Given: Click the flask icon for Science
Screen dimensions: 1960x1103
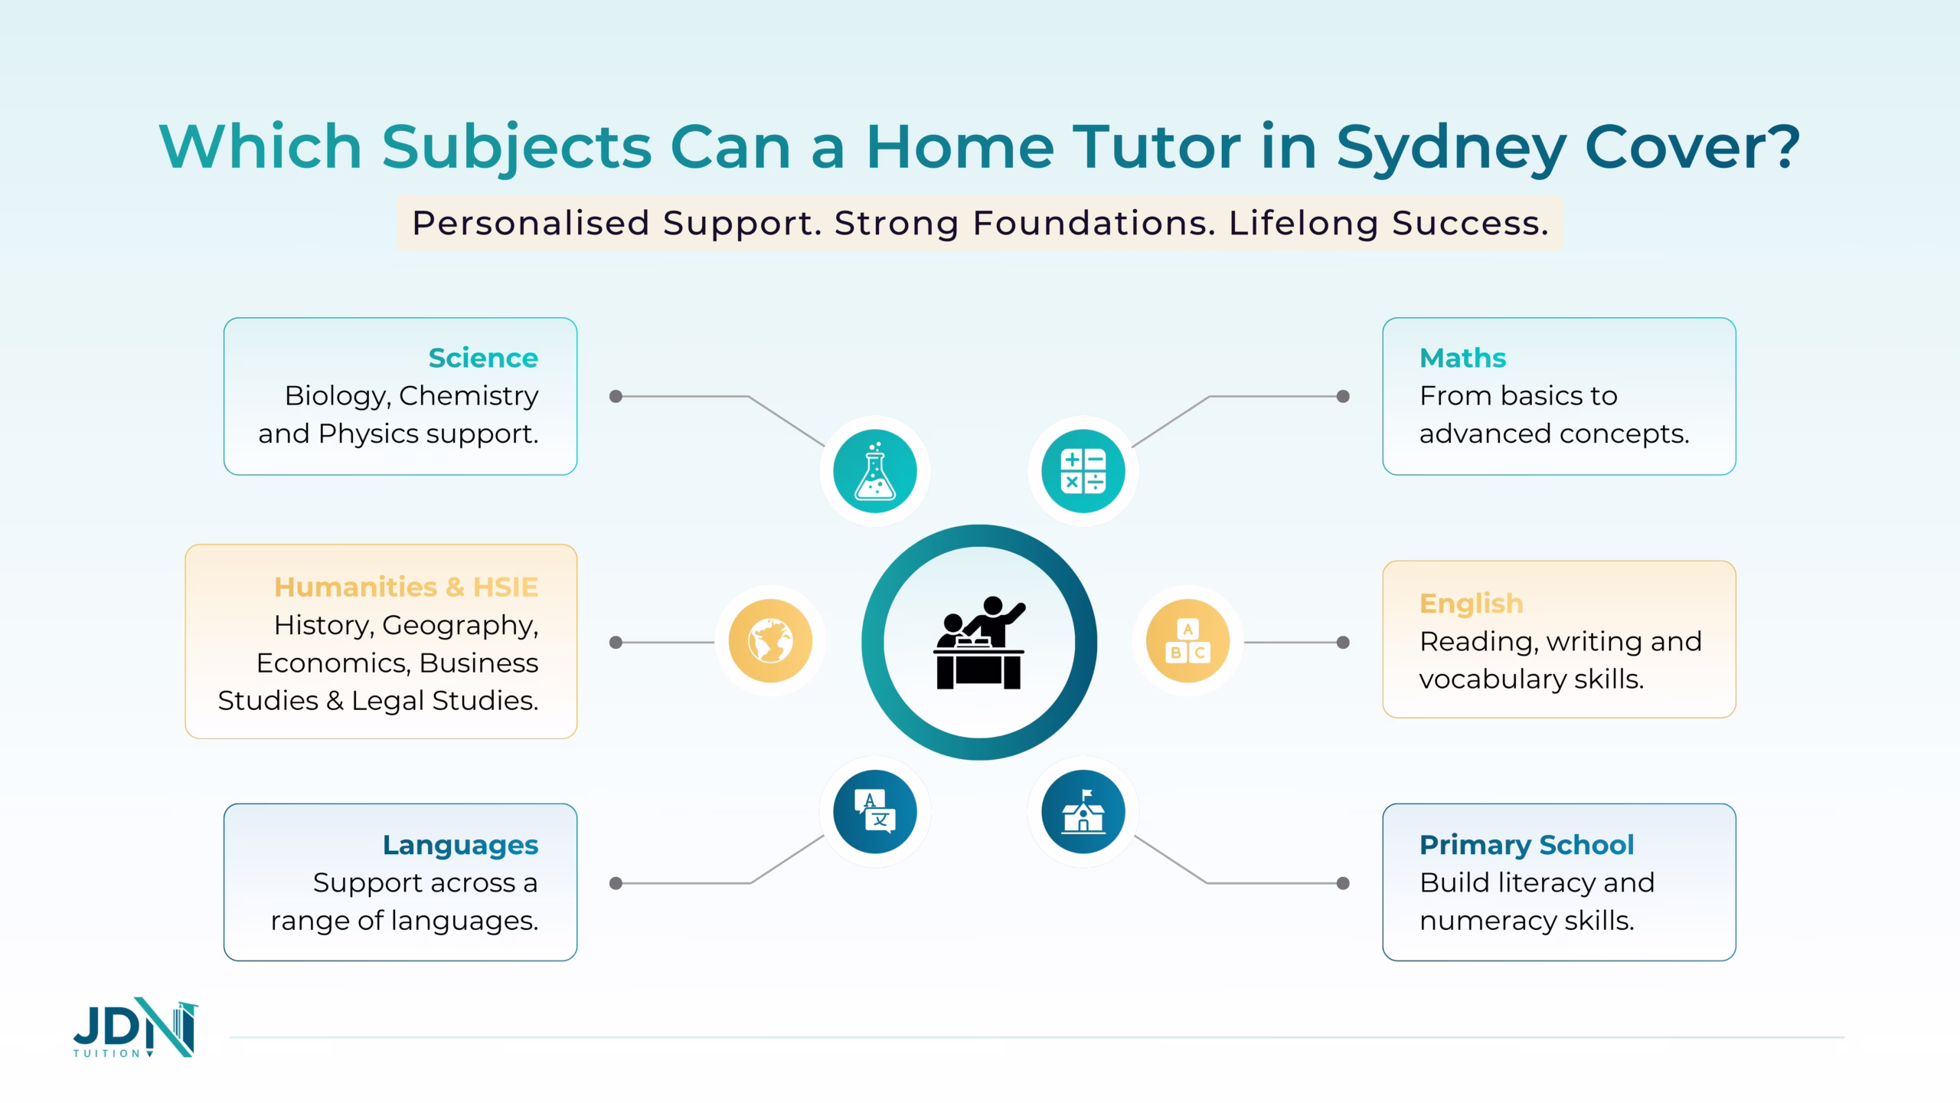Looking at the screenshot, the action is click(875, 470).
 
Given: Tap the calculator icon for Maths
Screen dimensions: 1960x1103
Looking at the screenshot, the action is click(1083, 470).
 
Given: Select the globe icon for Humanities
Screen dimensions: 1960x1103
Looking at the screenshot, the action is click(770, 641).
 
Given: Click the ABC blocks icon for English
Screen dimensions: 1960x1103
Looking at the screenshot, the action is click(1188, 641).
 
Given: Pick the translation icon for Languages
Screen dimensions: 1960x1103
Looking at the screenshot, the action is click(875, 811).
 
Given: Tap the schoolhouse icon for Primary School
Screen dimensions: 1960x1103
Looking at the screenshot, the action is click(1083, 811).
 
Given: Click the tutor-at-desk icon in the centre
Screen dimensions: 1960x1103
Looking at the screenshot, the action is click(979, 643).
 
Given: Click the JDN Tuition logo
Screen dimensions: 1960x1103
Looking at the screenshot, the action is click(136, 1027).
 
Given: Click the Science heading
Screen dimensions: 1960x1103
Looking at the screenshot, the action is click(483, 358).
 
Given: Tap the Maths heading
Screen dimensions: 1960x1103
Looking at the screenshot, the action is click(1463, 358).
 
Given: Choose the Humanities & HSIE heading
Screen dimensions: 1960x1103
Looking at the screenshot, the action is click(406, 587).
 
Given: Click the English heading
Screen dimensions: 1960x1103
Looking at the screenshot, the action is click(1472, 604).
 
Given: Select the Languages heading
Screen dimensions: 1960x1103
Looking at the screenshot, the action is click(460, 845).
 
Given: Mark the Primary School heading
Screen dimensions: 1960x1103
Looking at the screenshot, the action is click(1527, 845).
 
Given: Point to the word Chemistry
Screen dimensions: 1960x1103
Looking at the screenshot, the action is click(469, 397).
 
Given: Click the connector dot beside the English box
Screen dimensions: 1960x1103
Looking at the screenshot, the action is click(1343, 643).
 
